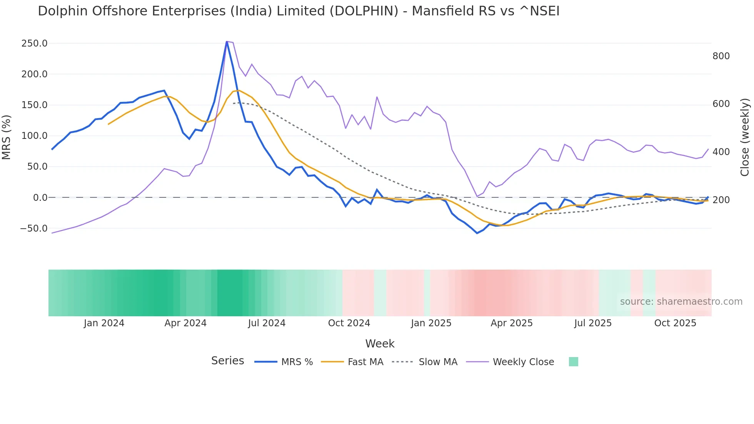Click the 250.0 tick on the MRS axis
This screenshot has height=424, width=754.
34,43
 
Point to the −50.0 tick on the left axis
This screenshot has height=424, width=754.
33,229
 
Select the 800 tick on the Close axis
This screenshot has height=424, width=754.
721,56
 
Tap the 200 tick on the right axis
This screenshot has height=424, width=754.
721,200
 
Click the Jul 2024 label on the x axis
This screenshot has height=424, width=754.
267,323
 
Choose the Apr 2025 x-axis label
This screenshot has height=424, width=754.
511,323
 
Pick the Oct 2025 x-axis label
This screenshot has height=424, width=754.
675,323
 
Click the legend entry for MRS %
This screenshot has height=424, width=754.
297,362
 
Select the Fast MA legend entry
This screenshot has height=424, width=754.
365,362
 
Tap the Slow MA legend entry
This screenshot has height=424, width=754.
438,362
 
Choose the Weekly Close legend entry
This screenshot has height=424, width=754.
523,362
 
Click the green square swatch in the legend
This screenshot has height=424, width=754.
573,362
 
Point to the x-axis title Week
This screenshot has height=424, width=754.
380,344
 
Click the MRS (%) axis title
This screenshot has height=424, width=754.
7,137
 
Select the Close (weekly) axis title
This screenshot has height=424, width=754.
745,137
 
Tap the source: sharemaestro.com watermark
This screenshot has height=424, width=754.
681,302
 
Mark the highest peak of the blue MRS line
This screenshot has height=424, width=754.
227,42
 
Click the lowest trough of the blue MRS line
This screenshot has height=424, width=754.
477,233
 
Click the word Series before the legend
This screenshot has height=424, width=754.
227,361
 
